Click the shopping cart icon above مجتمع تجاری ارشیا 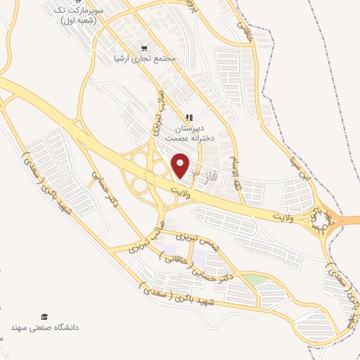144,48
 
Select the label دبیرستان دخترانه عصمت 188,134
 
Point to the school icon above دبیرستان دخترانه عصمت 188,117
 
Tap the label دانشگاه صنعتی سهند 45,328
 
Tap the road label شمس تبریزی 199,245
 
